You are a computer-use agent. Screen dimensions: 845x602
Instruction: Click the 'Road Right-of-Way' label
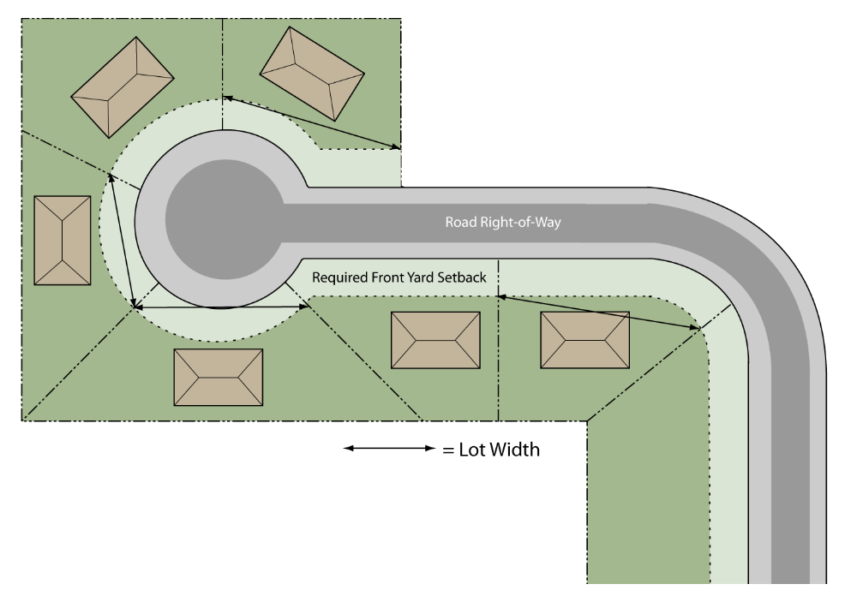[503, 222]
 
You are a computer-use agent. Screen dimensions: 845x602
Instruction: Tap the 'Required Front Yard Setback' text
[399, 277]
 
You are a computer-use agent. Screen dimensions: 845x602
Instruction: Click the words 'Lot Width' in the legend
[499, 449]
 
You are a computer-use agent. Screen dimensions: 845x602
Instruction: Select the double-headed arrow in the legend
[389, 448]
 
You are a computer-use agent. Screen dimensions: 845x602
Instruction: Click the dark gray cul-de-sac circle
[225, 219]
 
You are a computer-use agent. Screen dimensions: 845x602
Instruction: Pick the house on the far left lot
[63, 240]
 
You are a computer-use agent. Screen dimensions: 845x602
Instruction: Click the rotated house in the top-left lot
[123, 87]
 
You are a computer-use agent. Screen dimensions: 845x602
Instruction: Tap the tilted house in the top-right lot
[312, 74]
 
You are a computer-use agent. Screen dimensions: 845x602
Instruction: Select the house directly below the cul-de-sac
[219, 377]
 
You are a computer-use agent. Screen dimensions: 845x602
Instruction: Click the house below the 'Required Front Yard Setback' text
[435, 340]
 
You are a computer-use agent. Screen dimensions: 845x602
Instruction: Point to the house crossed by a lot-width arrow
[584, 340]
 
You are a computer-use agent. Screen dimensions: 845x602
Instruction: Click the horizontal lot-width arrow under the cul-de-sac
[221, 307]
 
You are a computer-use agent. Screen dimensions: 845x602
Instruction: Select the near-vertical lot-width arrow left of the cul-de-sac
[122, 241]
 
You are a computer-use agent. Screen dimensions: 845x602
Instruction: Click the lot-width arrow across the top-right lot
[312, 122]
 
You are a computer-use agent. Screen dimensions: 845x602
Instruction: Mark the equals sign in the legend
[448, 450]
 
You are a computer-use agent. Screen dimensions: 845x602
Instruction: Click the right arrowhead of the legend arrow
[430, 448]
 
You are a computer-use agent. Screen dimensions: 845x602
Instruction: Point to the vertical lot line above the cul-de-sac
[222, 75]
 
